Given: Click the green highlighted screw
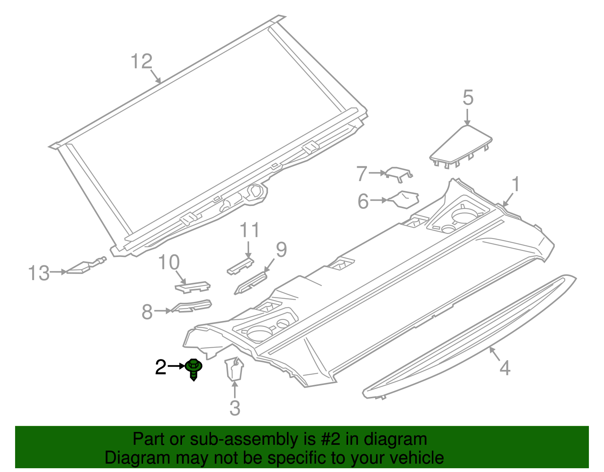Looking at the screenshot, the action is tap(194, 369).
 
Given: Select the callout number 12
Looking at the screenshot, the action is tap(142, 61).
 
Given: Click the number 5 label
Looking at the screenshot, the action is tap(468, 97).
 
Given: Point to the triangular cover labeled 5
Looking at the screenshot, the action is tap(461, 147).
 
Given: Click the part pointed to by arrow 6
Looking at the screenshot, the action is tap(404, 199).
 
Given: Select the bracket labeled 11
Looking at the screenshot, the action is tap(241, 266).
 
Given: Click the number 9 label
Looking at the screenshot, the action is tap(281, 249).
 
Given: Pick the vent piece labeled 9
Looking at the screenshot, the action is tap(251, 283).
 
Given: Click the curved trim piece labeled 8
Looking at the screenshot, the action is tap(191, 306).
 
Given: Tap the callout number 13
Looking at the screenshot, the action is tap(39, 273).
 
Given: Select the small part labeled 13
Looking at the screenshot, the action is tap(86, 266).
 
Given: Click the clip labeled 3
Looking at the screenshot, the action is tap(234, 368).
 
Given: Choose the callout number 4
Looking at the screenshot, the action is tap(505, 368).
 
